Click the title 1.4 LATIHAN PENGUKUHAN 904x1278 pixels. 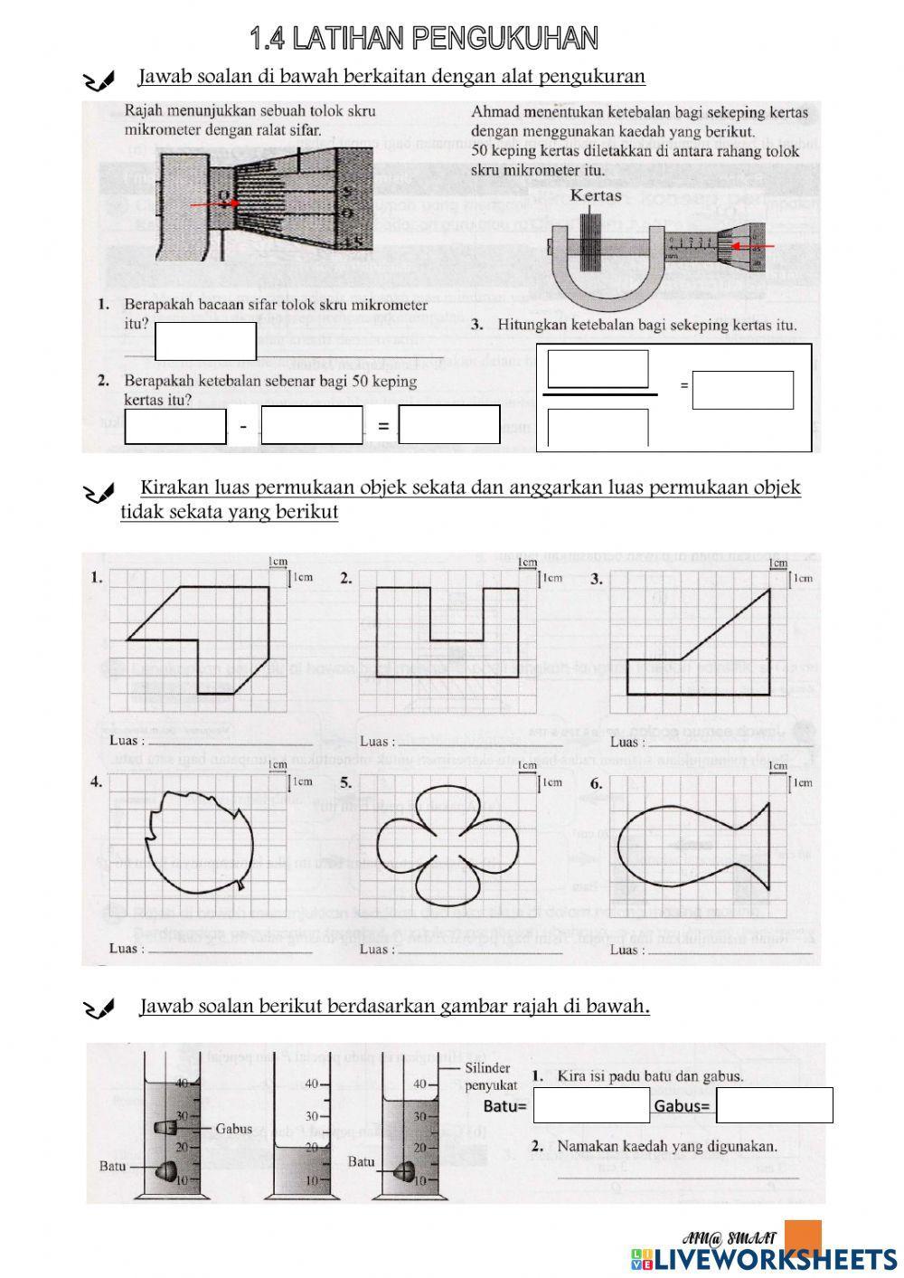424,38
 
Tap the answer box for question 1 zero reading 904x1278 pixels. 205,341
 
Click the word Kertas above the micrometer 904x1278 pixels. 596,196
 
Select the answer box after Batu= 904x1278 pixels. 591,1105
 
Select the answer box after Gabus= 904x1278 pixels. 775,1105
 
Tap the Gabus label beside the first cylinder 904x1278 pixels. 233,1129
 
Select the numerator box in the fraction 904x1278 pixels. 598,369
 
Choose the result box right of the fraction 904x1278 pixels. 742,390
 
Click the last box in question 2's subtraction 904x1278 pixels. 449,424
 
